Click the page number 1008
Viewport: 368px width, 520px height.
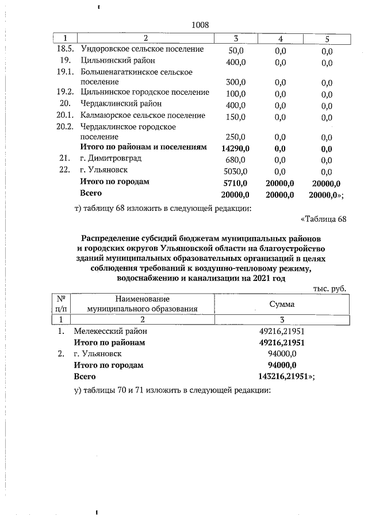198,25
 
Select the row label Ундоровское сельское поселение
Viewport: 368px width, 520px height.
142,49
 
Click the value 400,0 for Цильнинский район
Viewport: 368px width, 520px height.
236,60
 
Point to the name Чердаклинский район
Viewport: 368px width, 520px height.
121,103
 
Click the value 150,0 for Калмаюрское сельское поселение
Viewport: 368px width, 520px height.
236,115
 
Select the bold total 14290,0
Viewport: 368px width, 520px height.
234,148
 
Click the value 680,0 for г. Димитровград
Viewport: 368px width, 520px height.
236,159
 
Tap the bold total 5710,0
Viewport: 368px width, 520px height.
235,182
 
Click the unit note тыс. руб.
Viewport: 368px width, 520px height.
329,287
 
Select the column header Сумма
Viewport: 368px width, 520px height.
282,303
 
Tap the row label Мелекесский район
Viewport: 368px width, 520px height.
110,332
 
